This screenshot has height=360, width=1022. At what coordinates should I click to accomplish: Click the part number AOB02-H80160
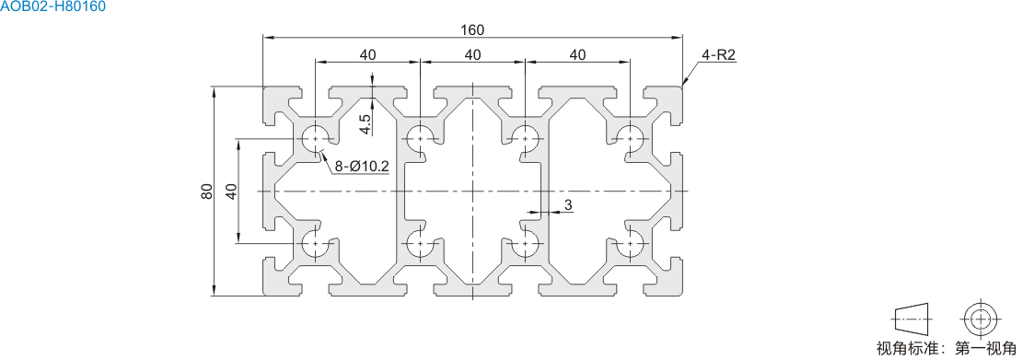[52, 7]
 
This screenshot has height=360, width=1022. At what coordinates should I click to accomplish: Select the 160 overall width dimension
[472, 30]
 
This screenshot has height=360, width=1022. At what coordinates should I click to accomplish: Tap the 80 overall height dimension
[207, 192]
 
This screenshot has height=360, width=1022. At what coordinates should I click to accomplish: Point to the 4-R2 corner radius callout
[719, 55]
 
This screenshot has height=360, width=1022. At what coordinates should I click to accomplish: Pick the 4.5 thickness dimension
[366, 124]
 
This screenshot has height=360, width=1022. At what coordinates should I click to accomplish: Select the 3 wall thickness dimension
[568, 204]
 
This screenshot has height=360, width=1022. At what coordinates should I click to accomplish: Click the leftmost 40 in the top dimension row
[367, 55]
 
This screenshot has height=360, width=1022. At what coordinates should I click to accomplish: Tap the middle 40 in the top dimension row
[472, 55]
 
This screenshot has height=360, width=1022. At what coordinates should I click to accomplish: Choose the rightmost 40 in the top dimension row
[577, 55]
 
